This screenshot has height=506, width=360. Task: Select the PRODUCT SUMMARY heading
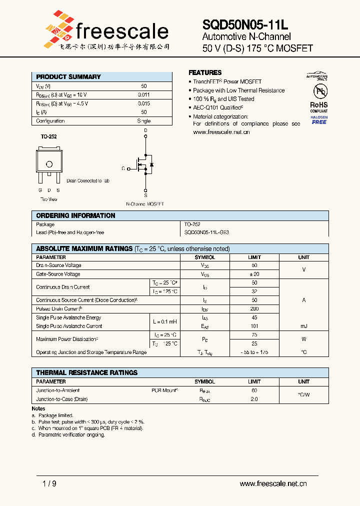point(68,77)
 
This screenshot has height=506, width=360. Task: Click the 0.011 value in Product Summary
point(143,94)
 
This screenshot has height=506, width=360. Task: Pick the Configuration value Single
point(143,121)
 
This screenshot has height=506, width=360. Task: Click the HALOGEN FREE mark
point(319,120)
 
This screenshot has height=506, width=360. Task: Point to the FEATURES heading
point(205,72)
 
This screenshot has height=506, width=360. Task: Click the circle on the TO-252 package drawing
point(49,164)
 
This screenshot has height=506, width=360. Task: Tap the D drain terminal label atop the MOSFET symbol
point(145,130)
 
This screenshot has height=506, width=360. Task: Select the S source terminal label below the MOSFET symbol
point(145,190)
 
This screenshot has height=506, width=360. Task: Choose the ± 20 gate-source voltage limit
point(254,274)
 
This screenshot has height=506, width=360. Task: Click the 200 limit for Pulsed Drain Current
point(254,309)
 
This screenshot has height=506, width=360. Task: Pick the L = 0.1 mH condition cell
point(165,322)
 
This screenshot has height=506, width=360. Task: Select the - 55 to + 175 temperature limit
point(254,352)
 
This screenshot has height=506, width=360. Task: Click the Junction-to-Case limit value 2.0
point(254,399)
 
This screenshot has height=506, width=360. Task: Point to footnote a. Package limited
point(52,415)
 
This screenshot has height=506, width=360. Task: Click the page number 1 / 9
point(49,483)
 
